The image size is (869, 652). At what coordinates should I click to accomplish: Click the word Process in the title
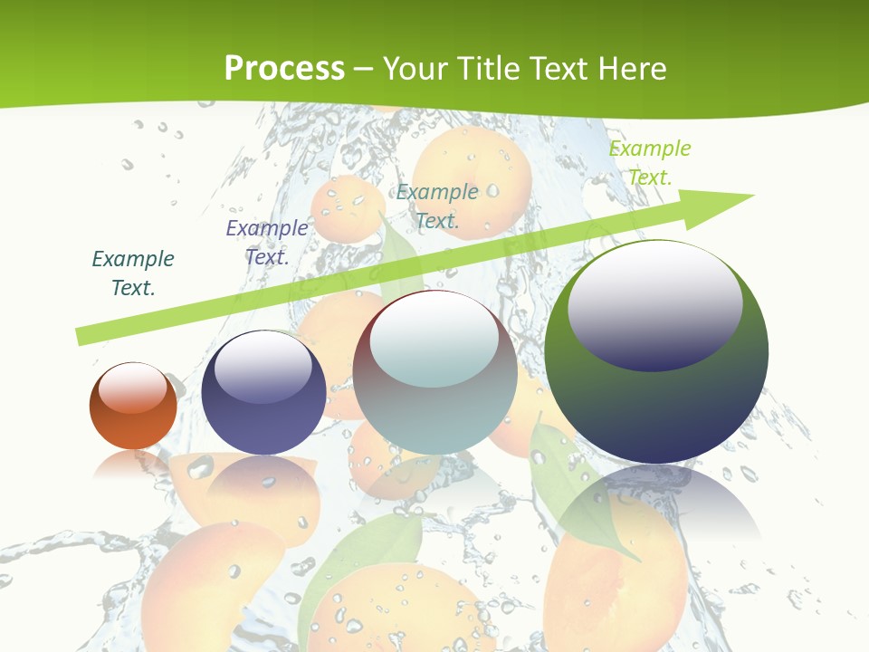(x=284, y=68)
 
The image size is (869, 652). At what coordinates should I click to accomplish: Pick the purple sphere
(x=263, y=421)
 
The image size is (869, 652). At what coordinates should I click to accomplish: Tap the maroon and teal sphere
(x=435, y=407)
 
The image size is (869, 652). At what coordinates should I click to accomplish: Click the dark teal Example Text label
(x=133, y=273)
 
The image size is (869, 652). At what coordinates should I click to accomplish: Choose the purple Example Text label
(x=267, y=242)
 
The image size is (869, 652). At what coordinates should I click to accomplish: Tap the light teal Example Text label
(x=437, y=206)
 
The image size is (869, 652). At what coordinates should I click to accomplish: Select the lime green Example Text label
(x=650, y=162)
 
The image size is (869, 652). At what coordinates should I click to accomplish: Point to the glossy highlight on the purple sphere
(x=263, y=366)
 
